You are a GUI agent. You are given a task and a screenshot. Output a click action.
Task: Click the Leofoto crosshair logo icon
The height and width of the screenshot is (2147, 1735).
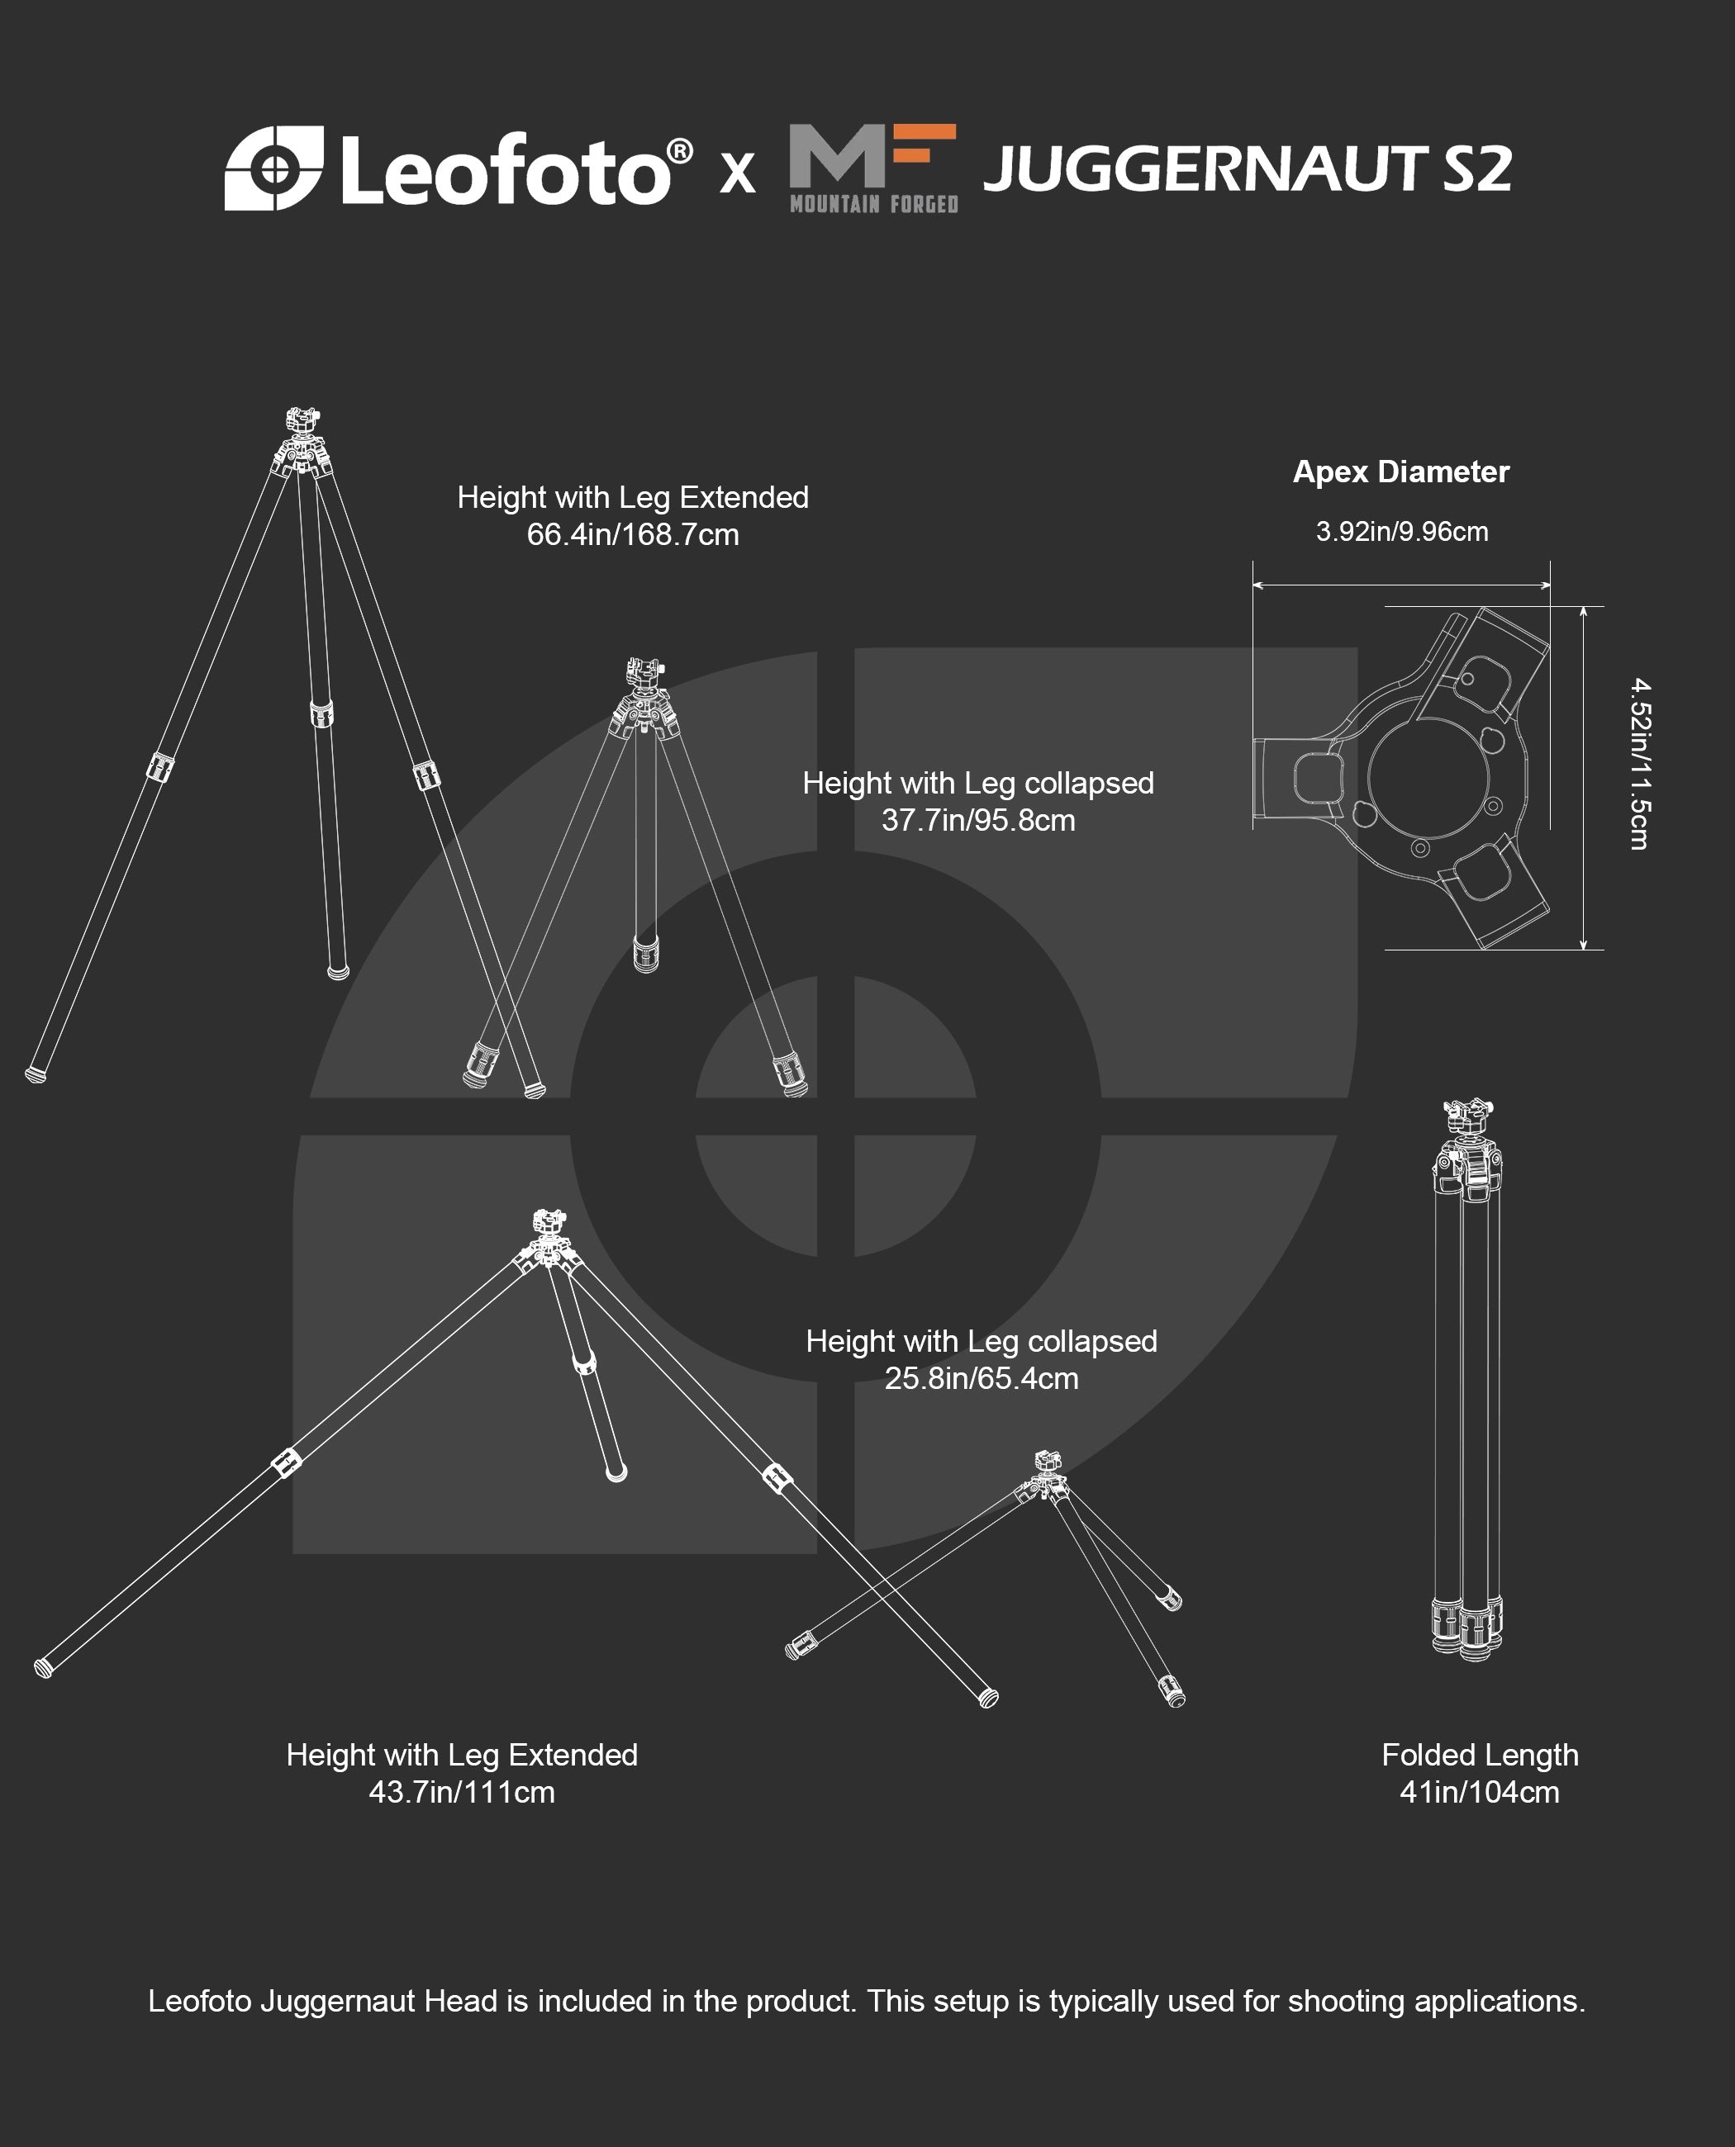[273, 168]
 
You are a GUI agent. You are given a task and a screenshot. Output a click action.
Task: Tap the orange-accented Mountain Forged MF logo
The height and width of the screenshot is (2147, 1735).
[873, 168]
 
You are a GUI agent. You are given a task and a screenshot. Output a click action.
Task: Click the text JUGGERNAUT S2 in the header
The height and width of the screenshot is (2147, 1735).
[1248, 168]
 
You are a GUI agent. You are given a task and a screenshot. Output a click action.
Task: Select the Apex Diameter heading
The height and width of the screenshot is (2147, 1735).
[1400, 472]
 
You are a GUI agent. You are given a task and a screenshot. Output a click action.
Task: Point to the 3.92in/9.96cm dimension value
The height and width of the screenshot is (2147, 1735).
[1401, 532]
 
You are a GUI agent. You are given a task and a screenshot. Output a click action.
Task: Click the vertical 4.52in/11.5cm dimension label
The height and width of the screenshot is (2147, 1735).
[1639, 765]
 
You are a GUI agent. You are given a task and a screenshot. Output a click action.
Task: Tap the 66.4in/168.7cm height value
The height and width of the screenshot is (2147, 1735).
[633, 534]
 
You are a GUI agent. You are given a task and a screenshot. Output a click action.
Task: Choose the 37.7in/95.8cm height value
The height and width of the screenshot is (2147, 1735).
[977, 820]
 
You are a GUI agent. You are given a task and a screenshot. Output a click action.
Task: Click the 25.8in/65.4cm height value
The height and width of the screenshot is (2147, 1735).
[982, 1379]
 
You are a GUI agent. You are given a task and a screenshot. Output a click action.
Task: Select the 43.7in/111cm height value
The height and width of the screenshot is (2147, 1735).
[462, 1792]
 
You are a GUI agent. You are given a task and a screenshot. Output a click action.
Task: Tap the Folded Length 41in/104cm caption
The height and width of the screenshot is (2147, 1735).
[1481, 1774]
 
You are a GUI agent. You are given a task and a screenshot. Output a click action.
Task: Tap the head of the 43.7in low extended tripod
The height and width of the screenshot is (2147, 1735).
[548, 1226]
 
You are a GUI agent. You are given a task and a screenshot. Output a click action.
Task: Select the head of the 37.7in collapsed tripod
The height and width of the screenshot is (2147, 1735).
[644, 675]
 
